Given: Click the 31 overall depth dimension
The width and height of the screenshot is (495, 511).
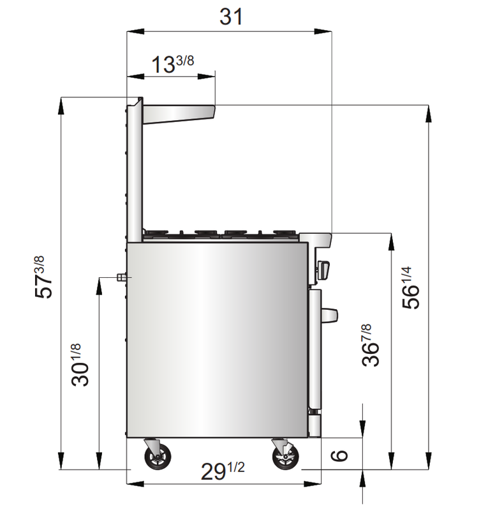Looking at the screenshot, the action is click(x=231, y=17).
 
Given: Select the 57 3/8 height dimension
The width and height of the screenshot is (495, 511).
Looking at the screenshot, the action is click(x=43, y=277).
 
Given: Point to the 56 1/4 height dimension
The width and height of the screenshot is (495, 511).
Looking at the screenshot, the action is click(x=411, y=288).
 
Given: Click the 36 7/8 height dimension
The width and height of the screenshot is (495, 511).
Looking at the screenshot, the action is click(x=371, y=346).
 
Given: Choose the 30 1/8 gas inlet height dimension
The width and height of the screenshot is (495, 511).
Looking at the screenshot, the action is click(x=80, y=365).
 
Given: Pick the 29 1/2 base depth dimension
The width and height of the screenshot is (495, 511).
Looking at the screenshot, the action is click(x=223, y=471).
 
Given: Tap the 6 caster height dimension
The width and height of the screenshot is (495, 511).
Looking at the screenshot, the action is click(x=339, y=455).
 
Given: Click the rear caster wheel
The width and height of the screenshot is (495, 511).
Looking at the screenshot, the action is click(x=158, y=457).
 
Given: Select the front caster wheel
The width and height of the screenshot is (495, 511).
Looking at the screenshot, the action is click(x=285, y=457).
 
